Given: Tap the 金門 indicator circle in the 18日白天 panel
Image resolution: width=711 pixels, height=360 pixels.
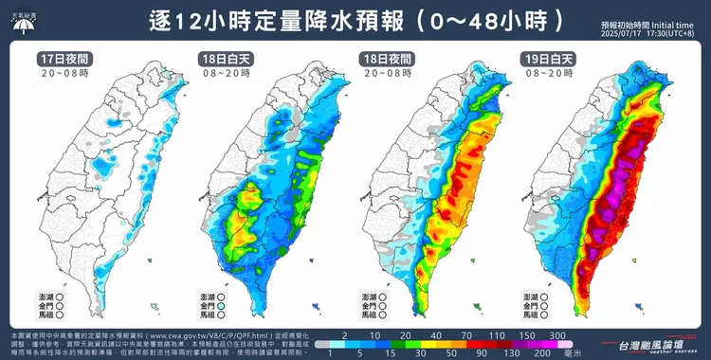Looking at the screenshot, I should [220, 308].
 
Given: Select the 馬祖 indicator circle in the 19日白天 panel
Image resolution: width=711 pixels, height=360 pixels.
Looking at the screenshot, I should [543, 318].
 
